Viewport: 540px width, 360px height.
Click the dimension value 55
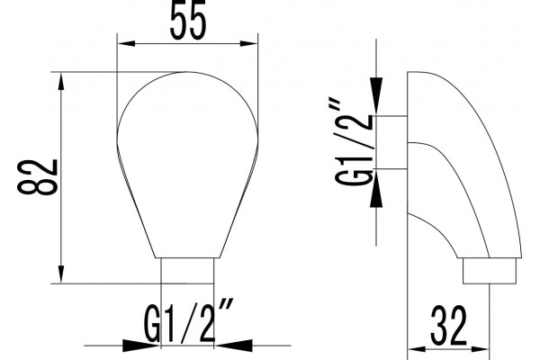point(188,19)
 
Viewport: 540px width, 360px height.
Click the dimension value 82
point(38,177)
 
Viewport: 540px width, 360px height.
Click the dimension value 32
point(448,325)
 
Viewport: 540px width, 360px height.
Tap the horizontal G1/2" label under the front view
point(188,321)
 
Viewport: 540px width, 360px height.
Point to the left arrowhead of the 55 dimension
point(126,44)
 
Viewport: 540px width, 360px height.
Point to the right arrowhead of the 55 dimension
point(249,44)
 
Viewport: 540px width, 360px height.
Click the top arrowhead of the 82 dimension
point(61,81)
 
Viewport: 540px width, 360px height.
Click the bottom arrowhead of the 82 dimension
point(61,274)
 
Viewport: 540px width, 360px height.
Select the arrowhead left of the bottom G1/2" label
point(141,346)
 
